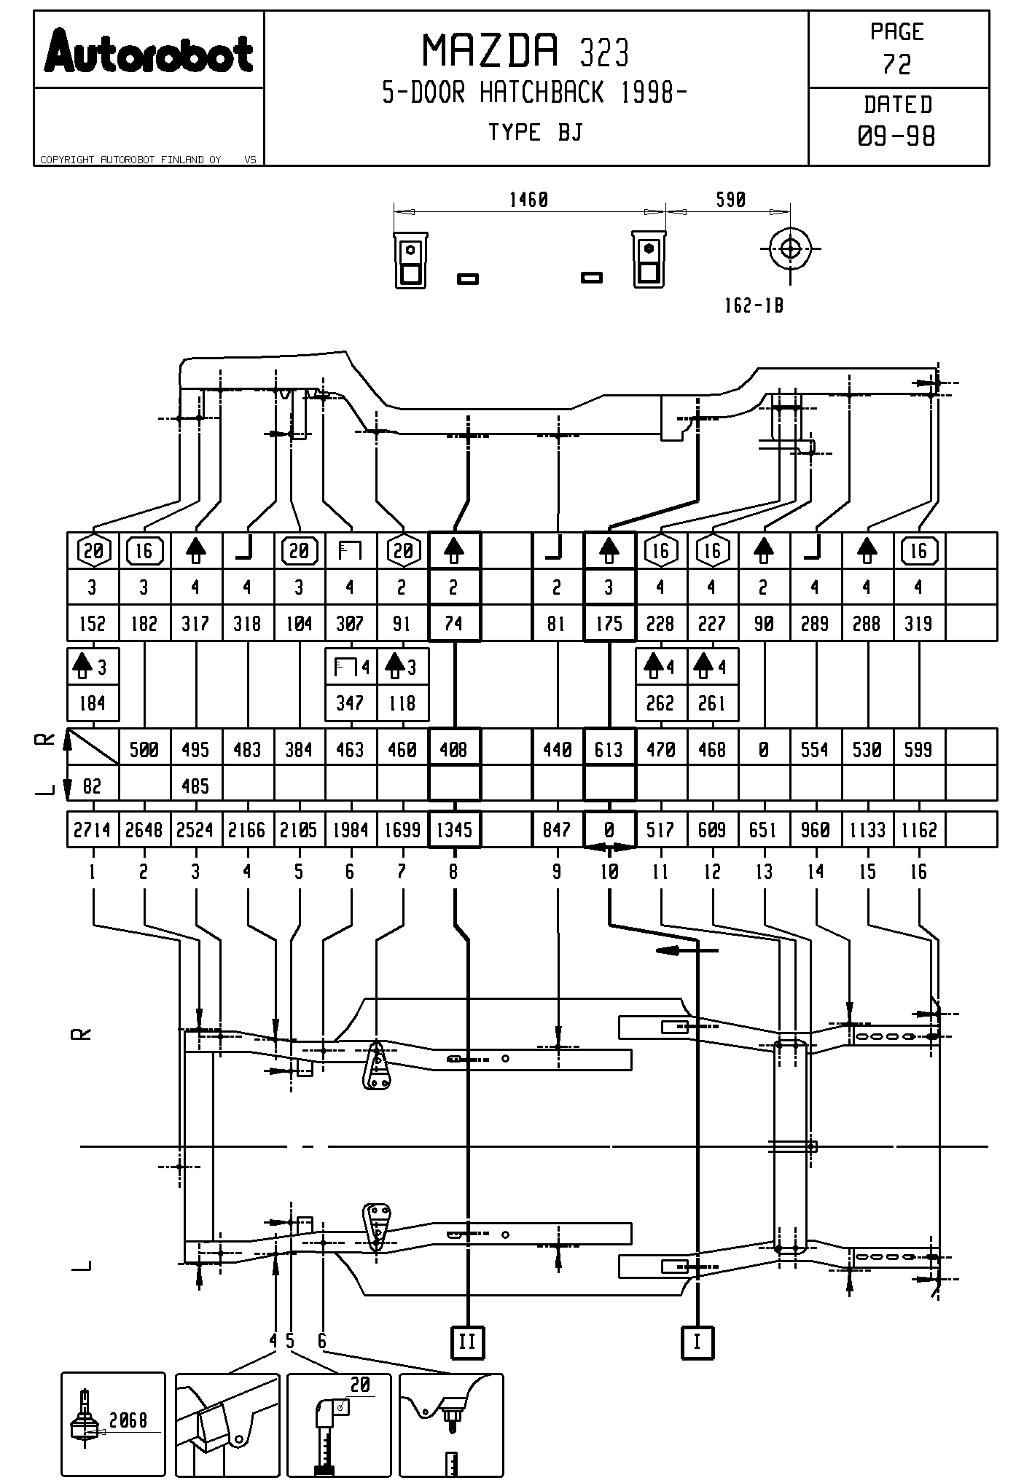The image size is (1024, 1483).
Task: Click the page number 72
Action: pyautogui.click(x=897, y=65)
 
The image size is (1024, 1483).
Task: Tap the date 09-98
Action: pyautogui.click(x=897, y=136)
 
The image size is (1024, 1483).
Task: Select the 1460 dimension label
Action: pyautogui.click(x=528, y=200)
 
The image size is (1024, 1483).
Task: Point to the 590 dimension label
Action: pyautogui.click(x=730, y=200)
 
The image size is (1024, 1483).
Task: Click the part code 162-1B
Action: pyautogui.click(x=754, y=306)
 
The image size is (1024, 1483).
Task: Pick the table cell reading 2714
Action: pyautogui.click(x=92, y=830)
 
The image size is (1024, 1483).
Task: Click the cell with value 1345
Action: pyautogui.click(x=454, y=830)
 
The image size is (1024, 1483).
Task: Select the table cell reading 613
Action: pyautogui.click(x=609, y=749)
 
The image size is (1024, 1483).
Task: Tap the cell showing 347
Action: pyautogui.click(x=350, y=703)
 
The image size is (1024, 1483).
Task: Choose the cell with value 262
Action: pyautogui.click(x=660, y=703)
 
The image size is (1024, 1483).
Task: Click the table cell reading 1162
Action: pyautogui.click(x=918, y=830)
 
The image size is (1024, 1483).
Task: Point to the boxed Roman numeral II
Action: pyautogui.click(x=467, y=1342)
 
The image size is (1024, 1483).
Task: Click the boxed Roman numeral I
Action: pyautogui.click(x=697, y=1342)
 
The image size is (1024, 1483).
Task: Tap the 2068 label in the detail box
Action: pyautogui.click(x=128, y=1420)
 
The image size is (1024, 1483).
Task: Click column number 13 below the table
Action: pyautogui.click(x=764, y=872)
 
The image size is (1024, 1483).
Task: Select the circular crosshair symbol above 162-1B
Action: pyautogui.click(x=790, y=249)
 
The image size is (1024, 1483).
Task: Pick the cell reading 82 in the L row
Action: pyautogui.click(x=92, y=786)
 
